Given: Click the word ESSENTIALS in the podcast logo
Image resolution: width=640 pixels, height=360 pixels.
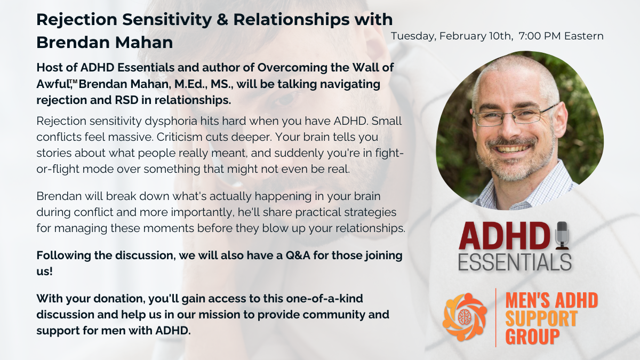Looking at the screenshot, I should point(515,262).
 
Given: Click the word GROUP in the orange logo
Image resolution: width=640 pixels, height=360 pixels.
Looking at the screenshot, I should point(533,337).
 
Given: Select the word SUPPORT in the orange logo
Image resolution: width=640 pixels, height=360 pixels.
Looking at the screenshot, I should point(541,319).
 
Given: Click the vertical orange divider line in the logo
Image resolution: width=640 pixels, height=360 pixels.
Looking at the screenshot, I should point(496,318).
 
